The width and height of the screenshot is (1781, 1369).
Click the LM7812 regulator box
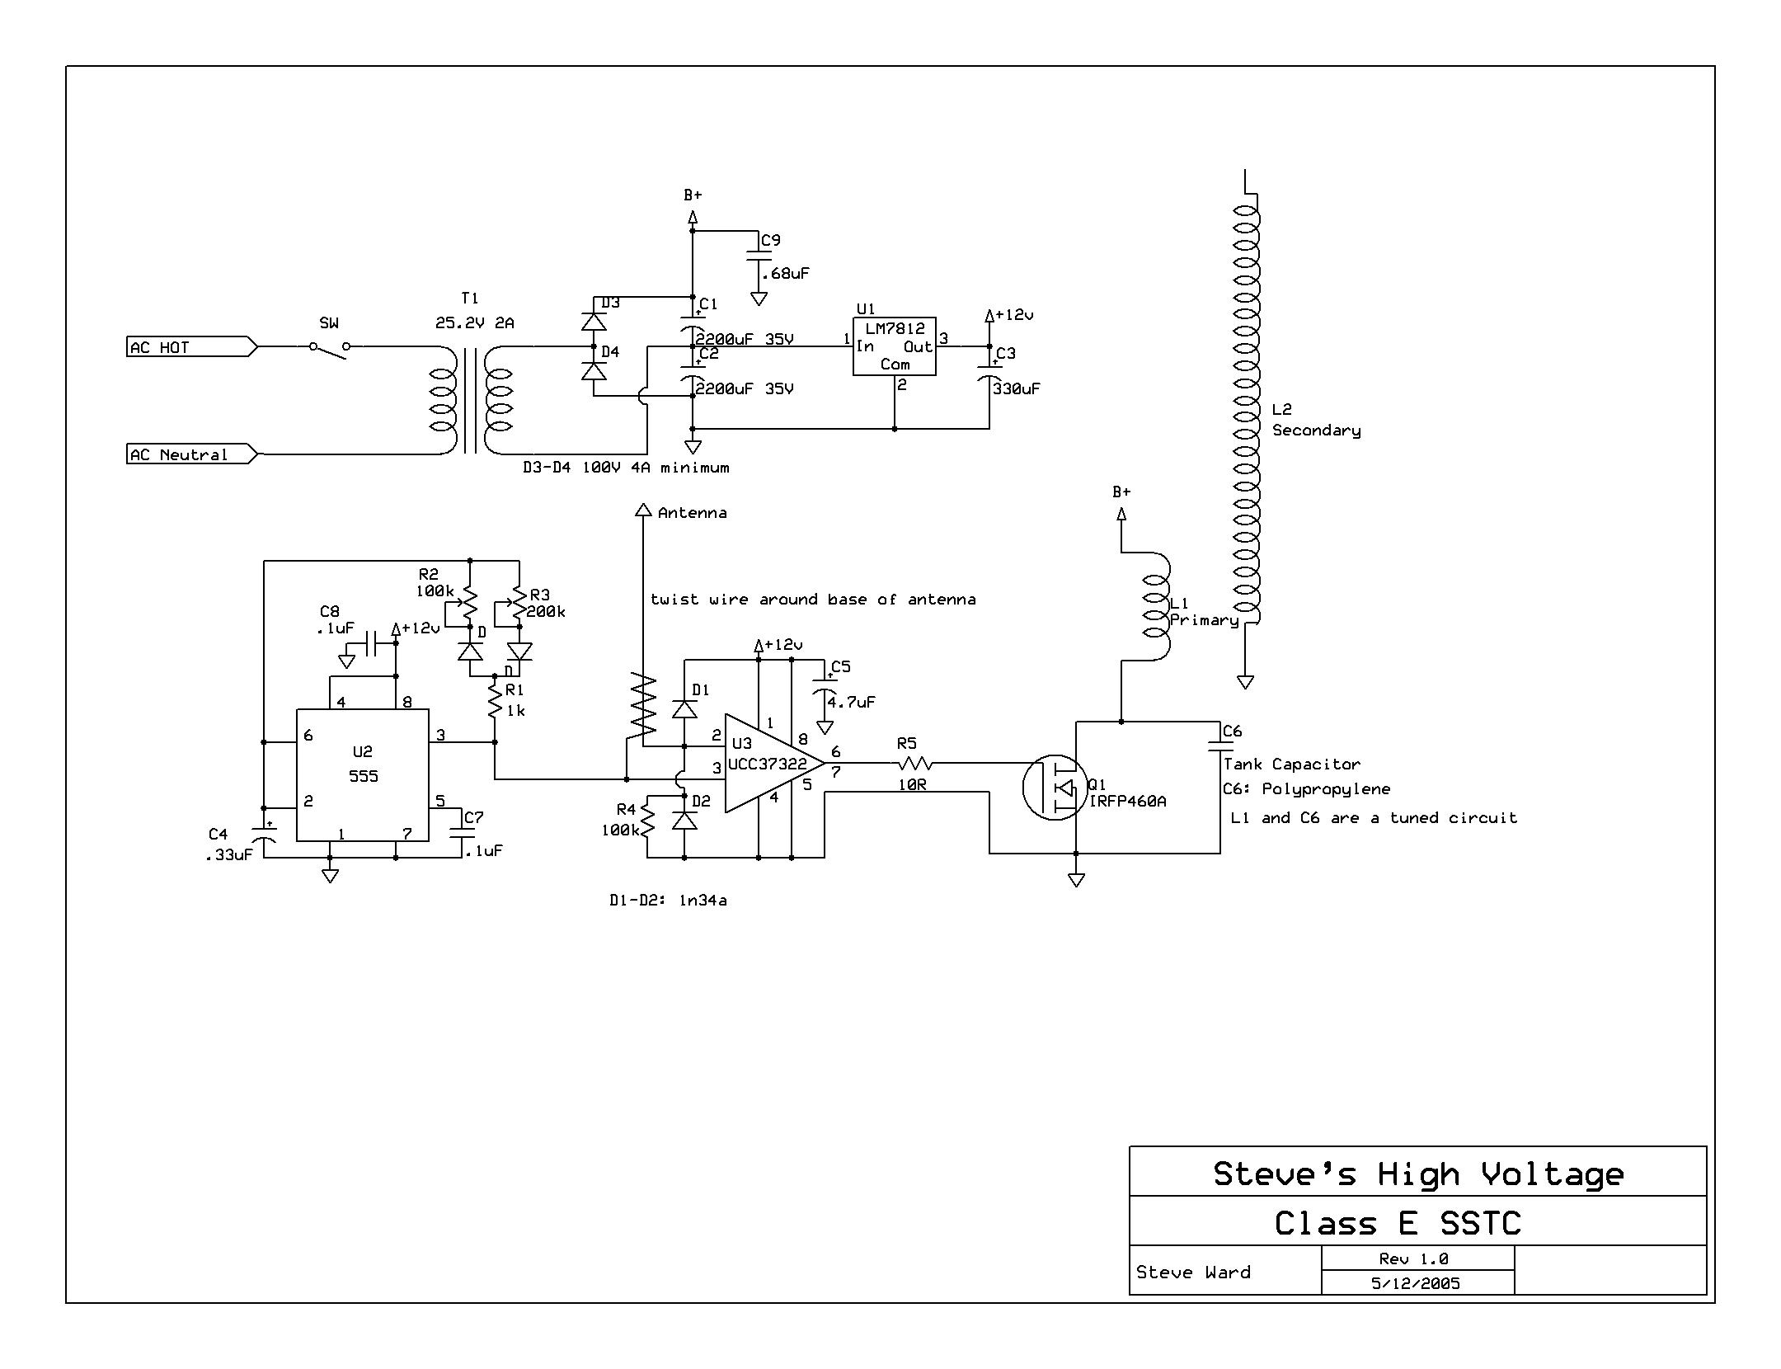(x=894, y=346)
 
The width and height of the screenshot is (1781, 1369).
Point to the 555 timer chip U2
(x=363, y=774)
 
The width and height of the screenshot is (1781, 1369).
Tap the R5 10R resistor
(x=915, y=764)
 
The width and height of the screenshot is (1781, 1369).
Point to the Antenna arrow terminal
(x=643, y=510)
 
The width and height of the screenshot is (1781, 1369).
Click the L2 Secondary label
(x=1315, y=420)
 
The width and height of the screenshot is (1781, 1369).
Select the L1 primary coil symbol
(x=1154, y=606)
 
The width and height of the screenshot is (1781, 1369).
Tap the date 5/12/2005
(x=1417, y=1283)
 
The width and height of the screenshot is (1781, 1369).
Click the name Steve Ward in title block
(x=1193, y=1273)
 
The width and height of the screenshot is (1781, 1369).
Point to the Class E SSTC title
(x=1398, y=1222)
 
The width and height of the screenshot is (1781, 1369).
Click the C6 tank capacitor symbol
(x=1220, y=747)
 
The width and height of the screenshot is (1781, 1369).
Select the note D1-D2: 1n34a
(x=668, y=901)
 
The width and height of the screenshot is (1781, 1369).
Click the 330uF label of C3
(x=1016, y=388)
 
